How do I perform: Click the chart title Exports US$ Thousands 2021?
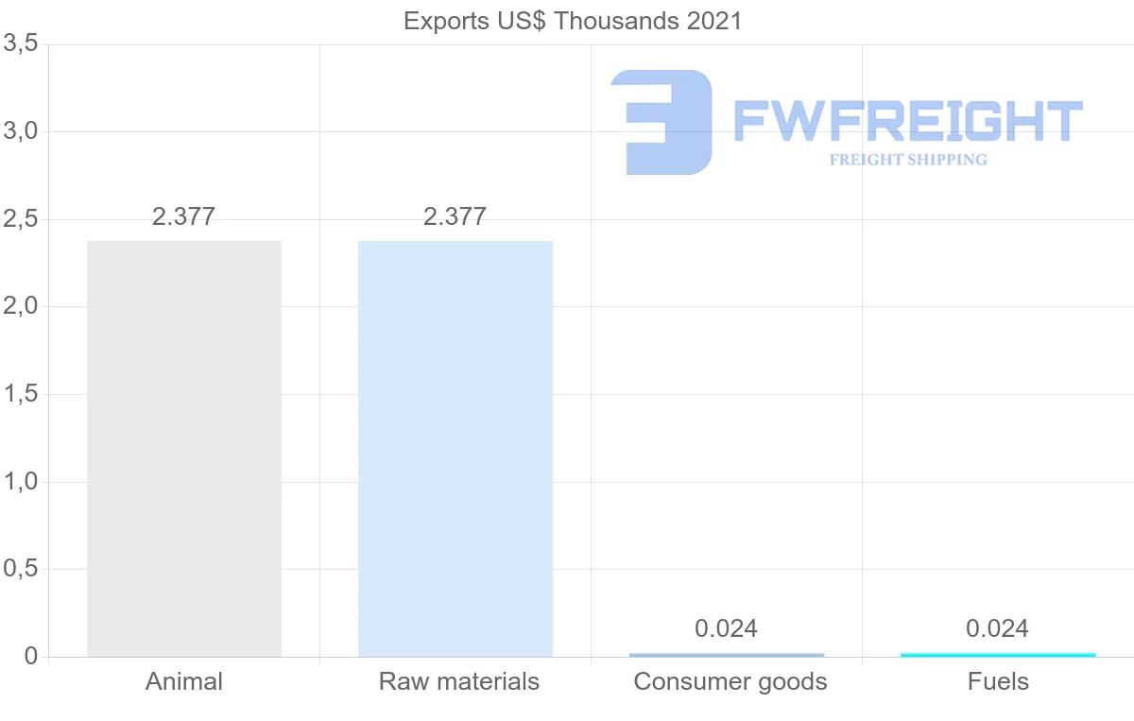click(x=573, y=21)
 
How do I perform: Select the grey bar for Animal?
click(x=184, y=449)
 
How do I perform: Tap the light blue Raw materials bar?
click(x=455, y=449)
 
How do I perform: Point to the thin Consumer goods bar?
click(x=727, y=654)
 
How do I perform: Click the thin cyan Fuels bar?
click(x=998, y=654)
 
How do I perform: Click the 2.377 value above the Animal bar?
click(x=184, y=216)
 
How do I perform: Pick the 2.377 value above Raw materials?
click(x=455, y=216)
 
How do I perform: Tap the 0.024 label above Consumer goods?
click(x=727, y=628)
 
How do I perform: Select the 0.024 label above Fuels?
click(x=998, y=628)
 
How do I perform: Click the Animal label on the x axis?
click(x=184, y=681)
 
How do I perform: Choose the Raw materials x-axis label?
click(x=459, y=681)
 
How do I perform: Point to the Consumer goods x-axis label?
click(x=730, y=681)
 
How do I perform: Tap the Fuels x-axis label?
click(x=998, y=681)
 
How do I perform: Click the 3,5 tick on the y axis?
click(x=21, y=43)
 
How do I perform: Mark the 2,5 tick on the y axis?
click(x=21, y=219)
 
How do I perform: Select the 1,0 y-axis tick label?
click(x=21, y=482)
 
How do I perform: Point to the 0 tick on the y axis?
click(x=31, y=657)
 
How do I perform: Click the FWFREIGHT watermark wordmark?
click(x=908, y=122)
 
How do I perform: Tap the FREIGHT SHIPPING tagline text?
click(x=908, y=160)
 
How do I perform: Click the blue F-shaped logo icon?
click(x=661, y=122)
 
